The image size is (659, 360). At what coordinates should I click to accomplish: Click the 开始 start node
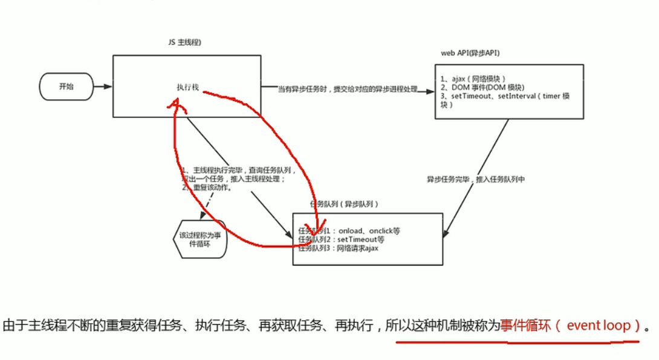click(67, 87)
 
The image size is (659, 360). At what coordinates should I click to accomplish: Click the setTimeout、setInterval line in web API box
click(505, 96)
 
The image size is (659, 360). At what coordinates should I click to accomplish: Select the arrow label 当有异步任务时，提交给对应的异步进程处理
click(348, 89)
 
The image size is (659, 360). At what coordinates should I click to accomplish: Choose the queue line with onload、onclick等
click(349, 231)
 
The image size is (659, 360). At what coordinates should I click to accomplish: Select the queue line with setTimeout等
click(342, 240)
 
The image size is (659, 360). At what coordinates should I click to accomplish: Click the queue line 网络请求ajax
click(339, 248)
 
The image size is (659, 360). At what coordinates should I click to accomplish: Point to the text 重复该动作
click(212, 188)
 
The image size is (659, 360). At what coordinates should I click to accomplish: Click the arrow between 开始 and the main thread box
click(103, 87)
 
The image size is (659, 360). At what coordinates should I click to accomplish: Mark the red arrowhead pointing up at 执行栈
click(176, 106)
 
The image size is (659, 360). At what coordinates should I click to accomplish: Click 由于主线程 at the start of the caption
click(27, 326)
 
